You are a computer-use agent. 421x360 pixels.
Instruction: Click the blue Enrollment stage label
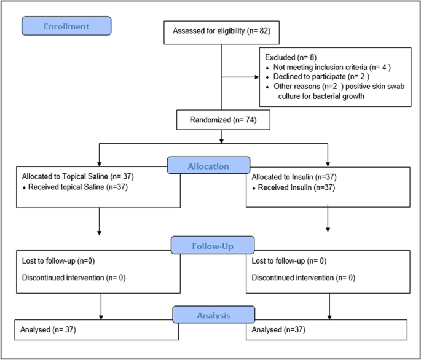[x=66, y=26]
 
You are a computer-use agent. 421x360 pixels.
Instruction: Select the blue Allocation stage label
[x=208, y=166]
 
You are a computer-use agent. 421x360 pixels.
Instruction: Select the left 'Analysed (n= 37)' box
[x=96, y=329]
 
